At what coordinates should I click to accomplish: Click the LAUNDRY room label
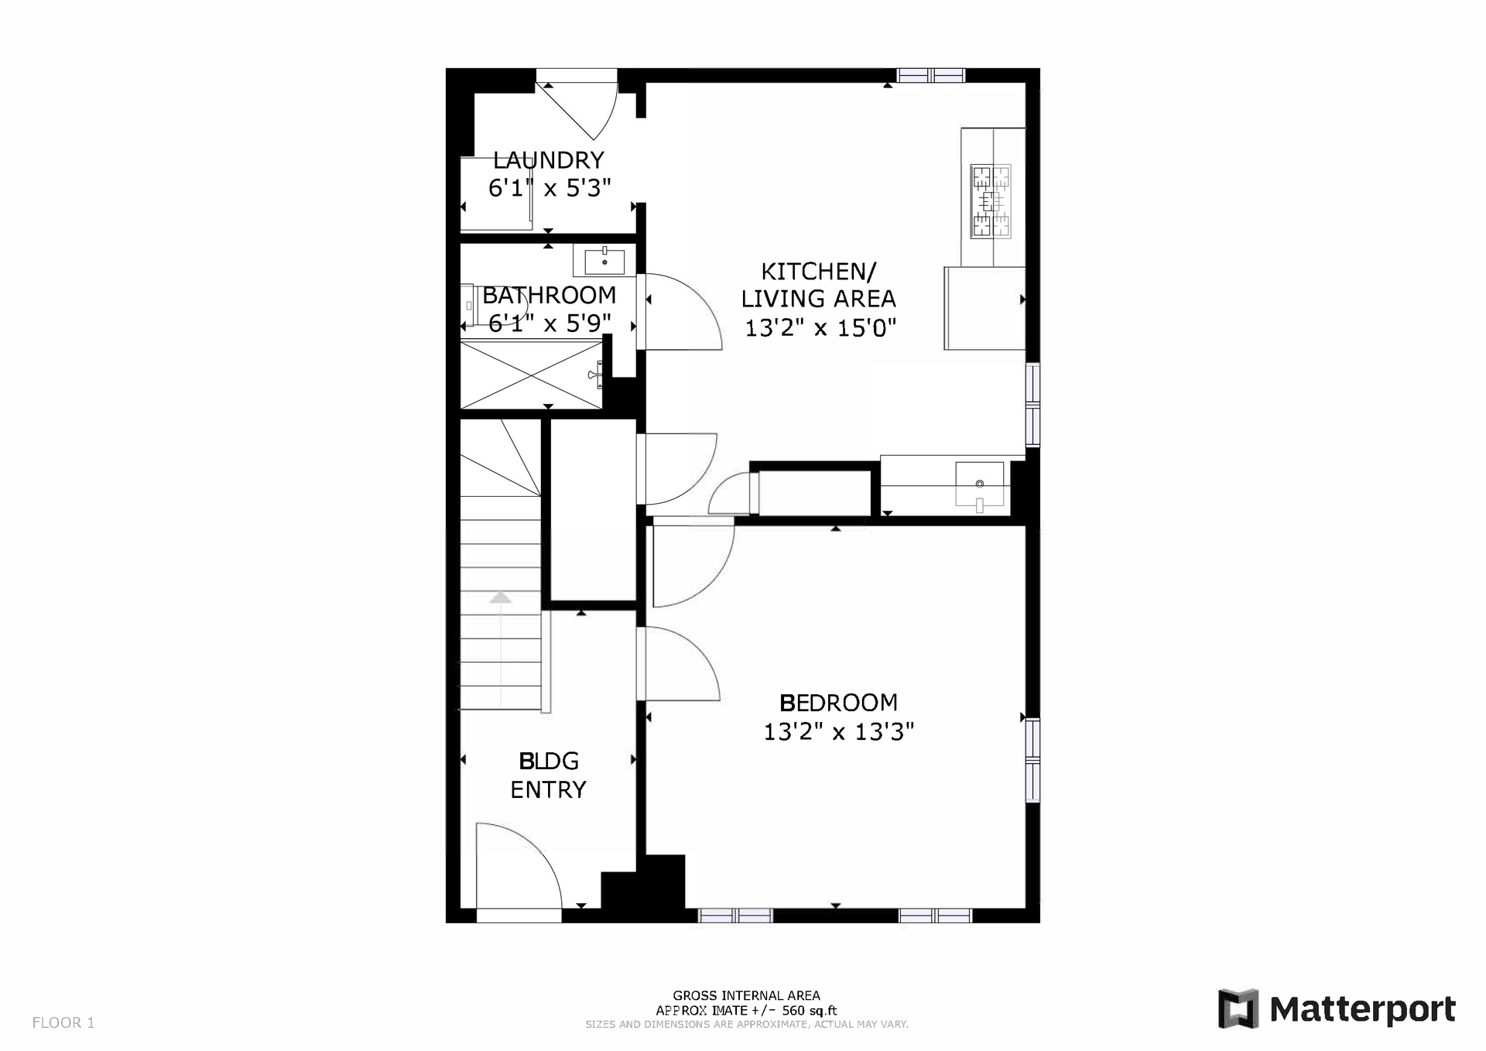[548, 160]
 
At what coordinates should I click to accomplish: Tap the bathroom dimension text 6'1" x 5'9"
[550, 324]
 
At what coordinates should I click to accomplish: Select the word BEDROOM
[838, 703]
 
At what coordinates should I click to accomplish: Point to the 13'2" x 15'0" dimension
[820, 328]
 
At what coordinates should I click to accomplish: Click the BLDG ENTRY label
[548, 775]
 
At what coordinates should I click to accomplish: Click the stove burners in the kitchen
[991, 202]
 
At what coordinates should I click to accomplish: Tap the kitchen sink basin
[980, 484]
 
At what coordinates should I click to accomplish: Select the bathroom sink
[604, 262]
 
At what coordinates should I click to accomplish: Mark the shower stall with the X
[531, 376]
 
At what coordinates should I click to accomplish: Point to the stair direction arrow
[501, 597]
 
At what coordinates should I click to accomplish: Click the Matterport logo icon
[1239, 1008]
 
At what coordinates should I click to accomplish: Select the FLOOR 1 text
[63, 1023]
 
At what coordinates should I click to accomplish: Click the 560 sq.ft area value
[809, 1010]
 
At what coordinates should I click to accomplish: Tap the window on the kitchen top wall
[930, 75]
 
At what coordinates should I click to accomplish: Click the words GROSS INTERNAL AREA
[746, 996]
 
